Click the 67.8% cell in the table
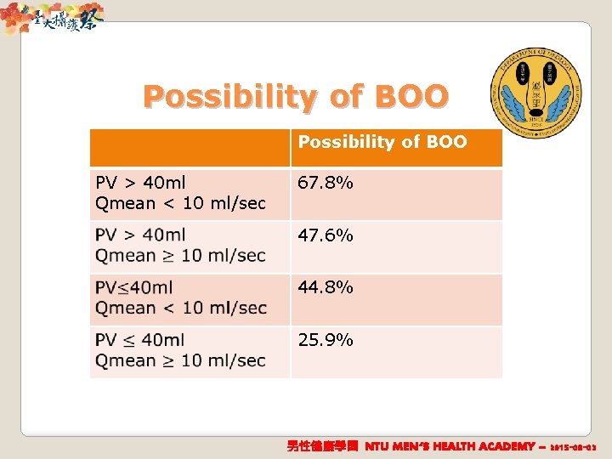pyautogui.click(x=326, y=184)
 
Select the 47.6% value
pyautogui.click(x=326, y=235)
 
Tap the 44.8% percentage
pyautogui.click(x=326, y=288)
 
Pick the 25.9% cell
pyautogui.click(x=326, y=341)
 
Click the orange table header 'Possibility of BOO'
pyautogui.click(x=382, y=143)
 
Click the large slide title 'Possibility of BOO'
pyautogui.click(x=295, y=96)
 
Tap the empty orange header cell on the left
pyautogui.click(x=190, y=147)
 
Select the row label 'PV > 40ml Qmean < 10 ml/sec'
pyautogui.click(x=180, y=193)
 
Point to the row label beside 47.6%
pyautogui.click(x=180, y=246)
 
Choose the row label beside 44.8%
pyautogui.click(x=180, y=298)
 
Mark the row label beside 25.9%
pyautogui.click(x=180, y=350)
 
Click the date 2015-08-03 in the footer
pyautogui.click(x=573, y=446)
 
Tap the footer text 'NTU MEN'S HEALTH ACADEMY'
pyautogui.click(x=450, y=446)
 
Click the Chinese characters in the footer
pyautogui.click(x=323, y=446)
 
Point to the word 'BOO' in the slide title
pyautogui.click(x=410, y=96)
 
